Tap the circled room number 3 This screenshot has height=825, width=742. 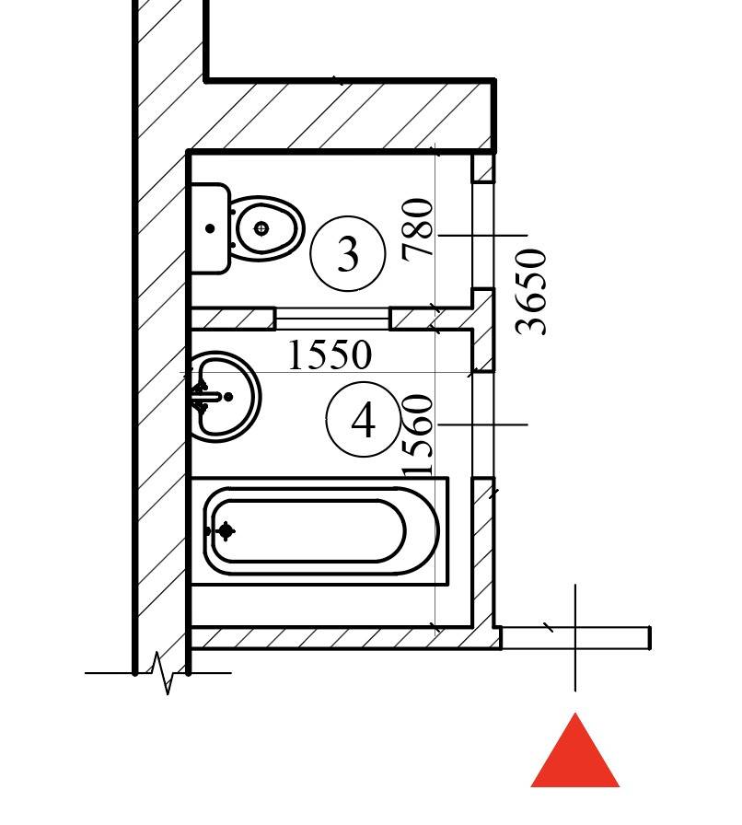tap(347, 254)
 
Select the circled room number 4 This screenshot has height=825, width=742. tap(364, 421)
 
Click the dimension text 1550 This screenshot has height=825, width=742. tap(330, 355)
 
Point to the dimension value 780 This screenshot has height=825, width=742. tap(419, 229)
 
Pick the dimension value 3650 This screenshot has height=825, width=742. tap(533, 292)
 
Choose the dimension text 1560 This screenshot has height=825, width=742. tap(419, 435)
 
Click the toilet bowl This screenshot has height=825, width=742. tap(266, 227)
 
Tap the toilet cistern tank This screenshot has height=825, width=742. tap(210, 228)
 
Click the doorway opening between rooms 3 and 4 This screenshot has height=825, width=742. tap(332, 320)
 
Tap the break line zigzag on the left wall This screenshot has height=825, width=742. tap(164, 673)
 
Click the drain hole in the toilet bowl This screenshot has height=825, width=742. tap(262, 227)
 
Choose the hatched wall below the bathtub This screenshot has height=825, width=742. tap(341, 637)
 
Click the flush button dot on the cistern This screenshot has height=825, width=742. tap(211, 228)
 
